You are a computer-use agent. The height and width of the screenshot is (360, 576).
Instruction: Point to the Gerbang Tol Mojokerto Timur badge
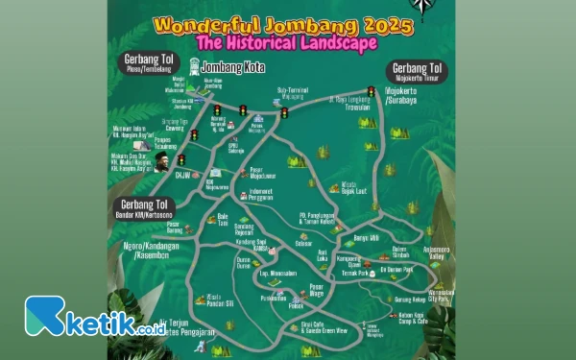(x=415, y=72)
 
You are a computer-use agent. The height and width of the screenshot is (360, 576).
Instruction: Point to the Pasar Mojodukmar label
(x=263, y=174)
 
